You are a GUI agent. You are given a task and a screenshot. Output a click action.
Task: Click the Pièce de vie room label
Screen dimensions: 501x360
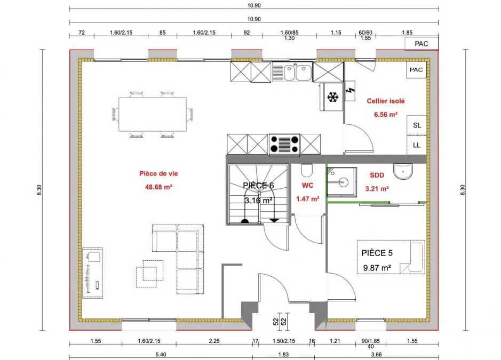(x=158, y=173)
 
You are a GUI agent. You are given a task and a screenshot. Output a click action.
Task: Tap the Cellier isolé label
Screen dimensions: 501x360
(x=386, y=101)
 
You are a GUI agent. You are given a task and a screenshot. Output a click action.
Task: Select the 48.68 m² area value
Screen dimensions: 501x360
(x=158, y=187)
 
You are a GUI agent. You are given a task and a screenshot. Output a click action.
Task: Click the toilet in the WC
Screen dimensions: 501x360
(x=307, y=171)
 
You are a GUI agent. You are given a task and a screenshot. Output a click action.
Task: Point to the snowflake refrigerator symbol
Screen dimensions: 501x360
(x=333, y=97)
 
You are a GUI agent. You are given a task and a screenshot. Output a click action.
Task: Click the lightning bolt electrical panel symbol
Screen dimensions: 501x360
(x=350, y=91)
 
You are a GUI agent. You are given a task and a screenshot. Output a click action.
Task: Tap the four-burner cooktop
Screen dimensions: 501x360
(x=284, y=145)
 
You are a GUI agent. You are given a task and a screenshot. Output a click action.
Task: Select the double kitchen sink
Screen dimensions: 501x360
(x=292, y=72)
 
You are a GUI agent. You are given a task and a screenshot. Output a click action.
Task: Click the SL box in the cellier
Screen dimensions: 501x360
(x=417, y=125)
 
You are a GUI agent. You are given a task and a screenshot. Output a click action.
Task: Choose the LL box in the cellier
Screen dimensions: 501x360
(x=417, y=145)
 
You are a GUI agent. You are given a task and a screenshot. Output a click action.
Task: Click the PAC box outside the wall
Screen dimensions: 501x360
(x=422, y=44)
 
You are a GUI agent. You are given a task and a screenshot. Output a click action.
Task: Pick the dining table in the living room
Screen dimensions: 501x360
(x=153, y=114)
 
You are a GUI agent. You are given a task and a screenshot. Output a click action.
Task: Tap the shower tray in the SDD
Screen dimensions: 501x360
(x=341, y=181)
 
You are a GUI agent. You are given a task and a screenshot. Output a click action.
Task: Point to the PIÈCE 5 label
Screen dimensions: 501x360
(x=377, y=253)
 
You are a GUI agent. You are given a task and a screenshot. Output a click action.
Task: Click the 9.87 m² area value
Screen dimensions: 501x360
(x=377, y=268)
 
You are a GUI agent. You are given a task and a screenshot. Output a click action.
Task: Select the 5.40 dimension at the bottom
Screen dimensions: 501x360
(x=161, y=354)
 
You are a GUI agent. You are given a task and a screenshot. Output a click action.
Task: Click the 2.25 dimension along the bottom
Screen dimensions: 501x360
(x=214, y=341)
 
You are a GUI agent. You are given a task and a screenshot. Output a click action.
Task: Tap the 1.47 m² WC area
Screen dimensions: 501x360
(x=308, y=199)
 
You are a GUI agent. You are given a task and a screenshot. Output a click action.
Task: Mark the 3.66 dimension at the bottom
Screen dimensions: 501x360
(x=376, y=354)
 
